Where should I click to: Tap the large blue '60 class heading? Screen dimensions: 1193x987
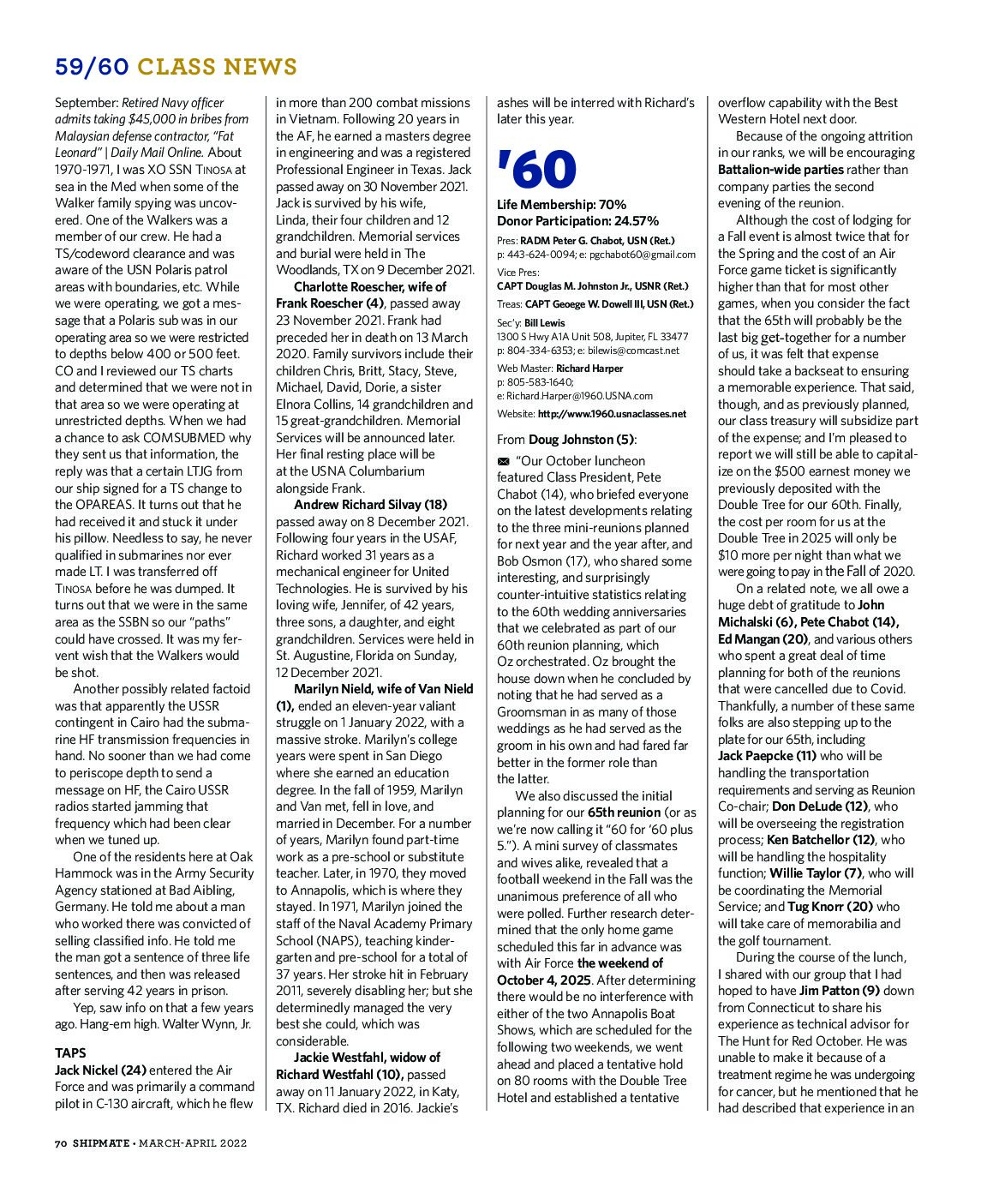coord(537,169)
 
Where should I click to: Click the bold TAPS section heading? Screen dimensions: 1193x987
coord(70,1052)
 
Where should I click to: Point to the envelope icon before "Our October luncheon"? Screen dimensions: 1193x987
coord(503,461)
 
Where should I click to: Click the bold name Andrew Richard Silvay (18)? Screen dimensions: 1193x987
coord(370,505)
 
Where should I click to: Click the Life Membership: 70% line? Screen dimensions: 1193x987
coord(561,205)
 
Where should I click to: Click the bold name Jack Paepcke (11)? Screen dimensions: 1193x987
coord(767,756)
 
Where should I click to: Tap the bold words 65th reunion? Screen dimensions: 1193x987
coord(624,812)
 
